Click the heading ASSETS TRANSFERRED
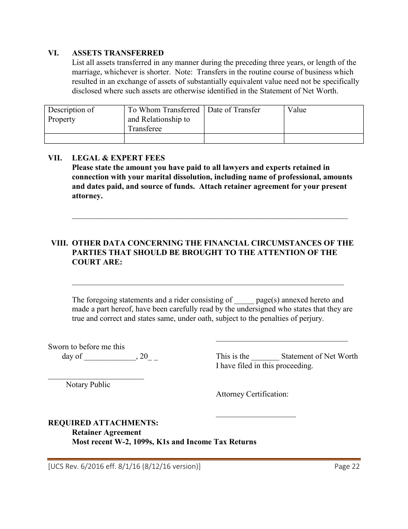point(118,53)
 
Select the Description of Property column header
point(71,114)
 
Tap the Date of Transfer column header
point(234,110)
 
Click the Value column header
point(297,110)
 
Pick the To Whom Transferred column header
point(164,119)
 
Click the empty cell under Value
point(323,138)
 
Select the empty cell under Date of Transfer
point(244,138)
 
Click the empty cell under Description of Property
point(84,138)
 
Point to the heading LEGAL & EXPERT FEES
point(118,158)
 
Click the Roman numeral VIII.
point(59,243)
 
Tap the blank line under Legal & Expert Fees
point(210,218)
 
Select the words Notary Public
point(88,384)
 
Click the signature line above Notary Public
point(96,378)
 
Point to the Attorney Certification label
point(252,394)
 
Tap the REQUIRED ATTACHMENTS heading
point(103,423)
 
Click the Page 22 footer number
point(347,467)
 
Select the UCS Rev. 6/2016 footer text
point(124,467)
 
